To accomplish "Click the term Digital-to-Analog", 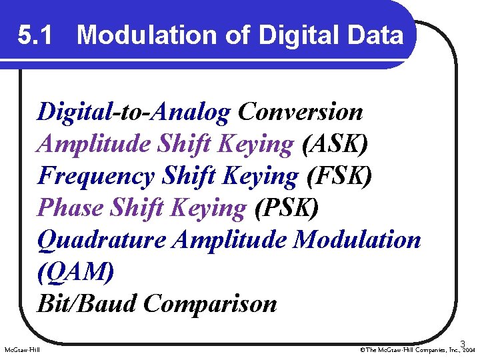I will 133,112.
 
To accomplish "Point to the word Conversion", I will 300,112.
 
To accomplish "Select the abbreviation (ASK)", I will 335,144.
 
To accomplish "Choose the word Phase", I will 69,208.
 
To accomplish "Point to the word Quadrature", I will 101,240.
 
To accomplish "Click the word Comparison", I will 210,304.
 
